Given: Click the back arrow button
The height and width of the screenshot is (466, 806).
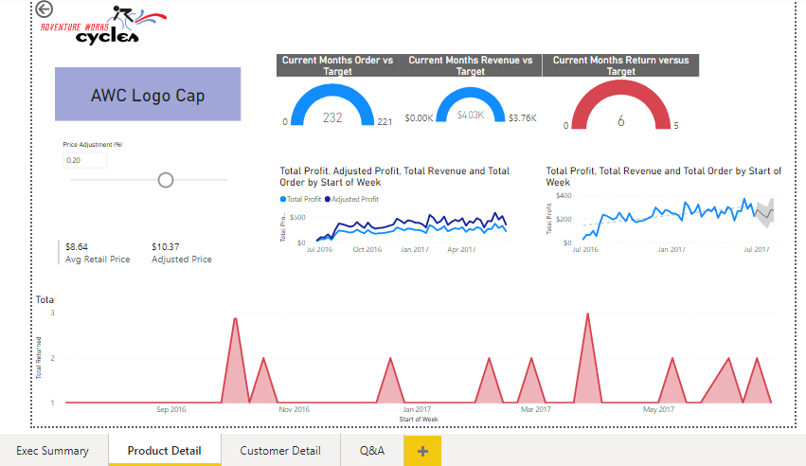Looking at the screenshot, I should point(44,9).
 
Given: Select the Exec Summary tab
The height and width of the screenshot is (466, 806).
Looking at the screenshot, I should point(53,451).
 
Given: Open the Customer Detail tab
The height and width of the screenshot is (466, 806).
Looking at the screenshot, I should point(280,451).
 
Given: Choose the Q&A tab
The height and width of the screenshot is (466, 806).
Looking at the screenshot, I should point(372,451).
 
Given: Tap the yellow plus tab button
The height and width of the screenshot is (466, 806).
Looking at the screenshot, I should point(422,451).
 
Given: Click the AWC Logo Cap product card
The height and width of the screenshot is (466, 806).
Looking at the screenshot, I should point(148,95).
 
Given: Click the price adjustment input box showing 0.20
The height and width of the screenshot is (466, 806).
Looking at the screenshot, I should point(84,160).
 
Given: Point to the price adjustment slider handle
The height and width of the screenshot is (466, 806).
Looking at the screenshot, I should point(166,179).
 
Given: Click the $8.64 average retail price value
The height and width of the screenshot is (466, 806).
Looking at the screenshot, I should point(77,246).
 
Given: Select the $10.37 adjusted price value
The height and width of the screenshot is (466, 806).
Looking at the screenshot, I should point(165,246).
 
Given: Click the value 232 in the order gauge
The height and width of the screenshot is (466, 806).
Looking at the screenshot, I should point(332,118).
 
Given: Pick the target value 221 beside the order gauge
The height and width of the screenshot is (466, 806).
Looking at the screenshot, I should point(385,122).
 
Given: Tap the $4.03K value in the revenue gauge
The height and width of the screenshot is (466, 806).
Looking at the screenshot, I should point(470,115).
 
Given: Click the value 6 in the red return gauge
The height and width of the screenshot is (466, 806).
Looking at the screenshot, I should point(621,121).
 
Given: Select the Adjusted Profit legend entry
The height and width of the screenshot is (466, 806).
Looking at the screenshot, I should point(354,200).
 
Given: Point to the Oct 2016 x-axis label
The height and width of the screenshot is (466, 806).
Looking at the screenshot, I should point(367,250).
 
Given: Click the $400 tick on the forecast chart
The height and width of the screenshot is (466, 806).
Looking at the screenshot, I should point(564,196).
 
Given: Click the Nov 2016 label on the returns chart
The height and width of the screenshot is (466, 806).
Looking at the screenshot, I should point(294,410).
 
